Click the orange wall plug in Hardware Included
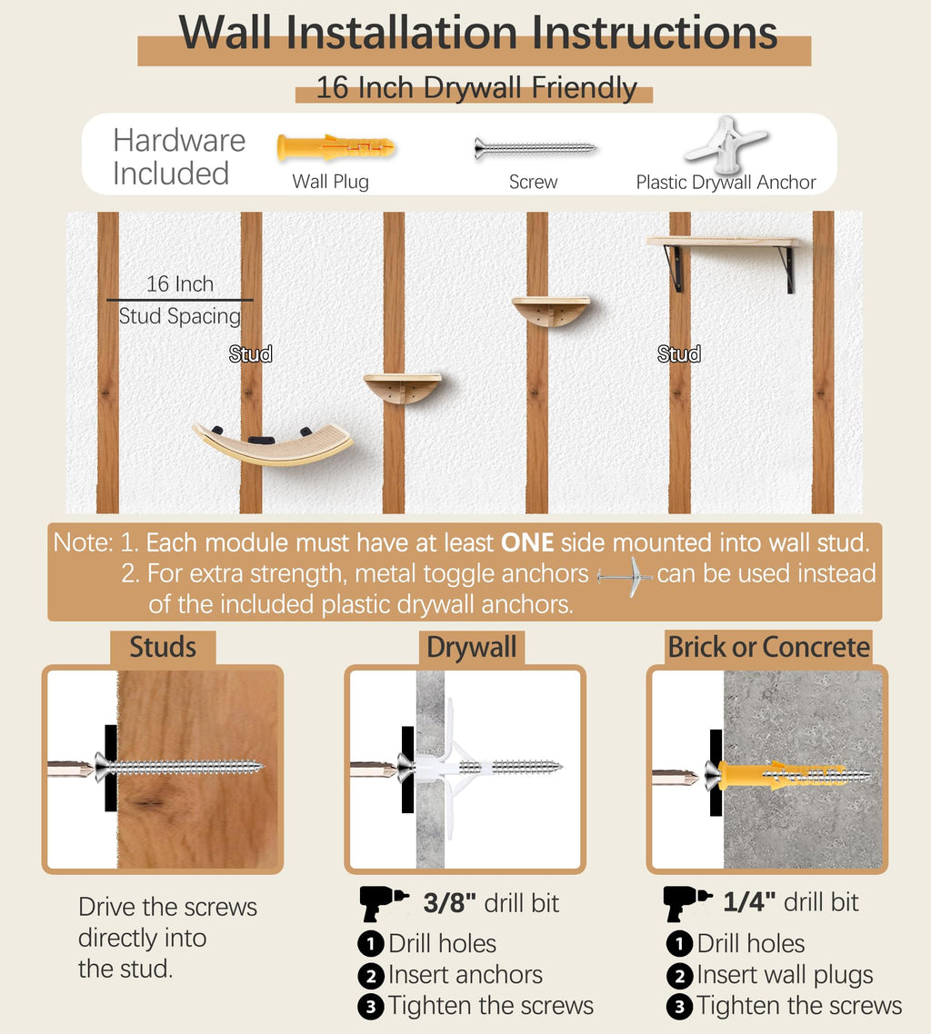[x=335, y=147]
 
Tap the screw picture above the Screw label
[x=535, y=148]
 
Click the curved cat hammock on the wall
[x=273, y=443]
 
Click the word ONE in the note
[x=527, y=542]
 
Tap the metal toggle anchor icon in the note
[x=625, y=577]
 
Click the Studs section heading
[x=163, y=648]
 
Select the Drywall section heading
[x=472, y=648]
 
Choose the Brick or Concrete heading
[x=768, y=648]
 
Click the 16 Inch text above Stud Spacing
[x=179, y=284]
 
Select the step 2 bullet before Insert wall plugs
[x=679, y=975]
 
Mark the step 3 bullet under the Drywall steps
[x=371, y=1007]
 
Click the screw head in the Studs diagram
[x=102, y=767]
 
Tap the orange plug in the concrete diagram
[x=782, y=775]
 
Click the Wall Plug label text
[x=331, y=182]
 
